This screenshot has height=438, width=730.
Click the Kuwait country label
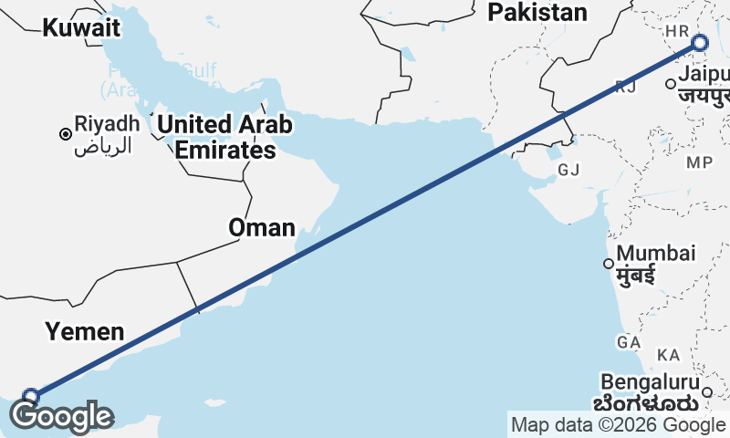coord(81,27)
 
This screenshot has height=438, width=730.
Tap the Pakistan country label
coord(537,12)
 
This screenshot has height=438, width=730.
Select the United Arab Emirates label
coord(225,137)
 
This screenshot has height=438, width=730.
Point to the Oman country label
coord(262,227)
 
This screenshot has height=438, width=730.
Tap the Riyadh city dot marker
coord(65,134)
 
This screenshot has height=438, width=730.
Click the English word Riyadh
coord(108,123)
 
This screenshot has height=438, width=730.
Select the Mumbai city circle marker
coord(608,265)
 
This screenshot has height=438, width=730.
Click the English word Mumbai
coord(656,253)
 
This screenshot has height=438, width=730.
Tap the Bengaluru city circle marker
coord(706,392)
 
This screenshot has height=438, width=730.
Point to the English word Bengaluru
coord(651,381)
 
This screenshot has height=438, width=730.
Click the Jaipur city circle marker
coord(671,84)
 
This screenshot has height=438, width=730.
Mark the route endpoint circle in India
coord(700,42)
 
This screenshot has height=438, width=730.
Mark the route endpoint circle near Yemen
coord(31,396)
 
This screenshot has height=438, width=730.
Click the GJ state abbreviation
coord(568,170)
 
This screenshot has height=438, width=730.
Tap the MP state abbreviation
coord(699,162)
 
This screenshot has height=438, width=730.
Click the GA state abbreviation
coord(628,341)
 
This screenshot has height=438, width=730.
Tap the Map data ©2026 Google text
coord(618,425)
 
